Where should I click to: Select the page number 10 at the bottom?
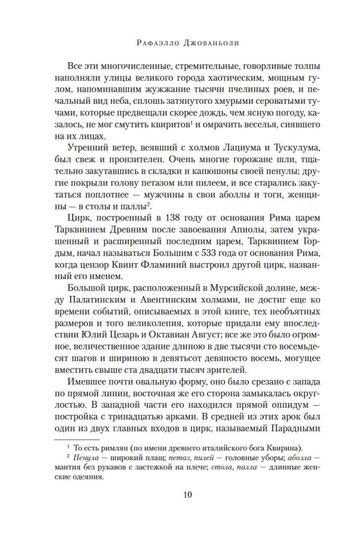coord(180,495)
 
